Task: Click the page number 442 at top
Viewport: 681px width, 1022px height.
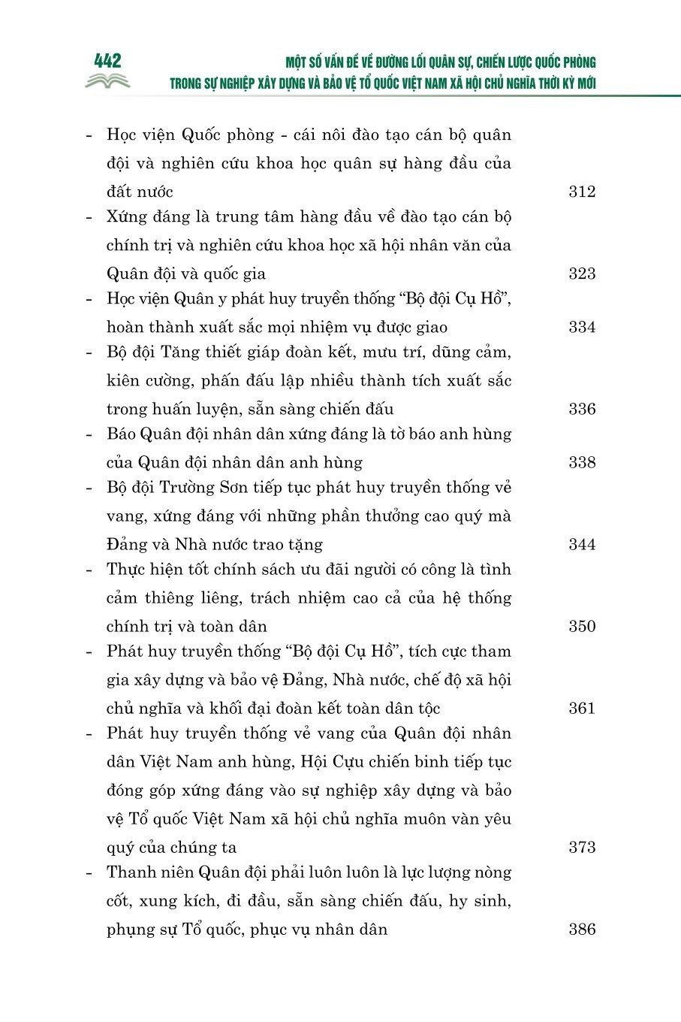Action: pos(108,61)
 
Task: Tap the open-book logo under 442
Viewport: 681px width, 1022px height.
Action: pos(107,81)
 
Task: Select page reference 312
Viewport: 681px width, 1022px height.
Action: pos(582,192)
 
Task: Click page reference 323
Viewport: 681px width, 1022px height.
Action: pos(582,274)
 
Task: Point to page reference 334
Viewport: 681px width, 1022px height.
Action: pos(582,327)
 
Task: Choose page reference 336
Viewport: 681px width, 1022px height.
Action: pos(582,409)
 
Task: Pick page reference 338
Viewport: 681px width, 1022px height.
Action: pos(582,462)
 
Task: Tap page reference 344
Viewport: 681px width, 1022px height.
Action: pos(582,544)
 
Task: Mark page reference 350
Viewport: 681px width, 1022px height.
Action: pos(582,626)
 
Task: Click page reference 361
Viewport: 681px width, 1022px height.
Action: pos(582,708)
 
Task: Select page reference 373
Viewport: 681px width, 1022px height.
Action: pos(582,847)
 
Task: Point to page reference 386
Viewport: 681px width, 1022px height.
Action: pos(582,929)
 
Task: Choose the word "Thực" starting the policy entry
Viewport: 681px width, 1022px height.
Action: pos(125,570)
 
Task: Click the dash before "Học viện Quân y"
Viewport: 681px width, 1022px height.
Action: pos(90,299)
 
